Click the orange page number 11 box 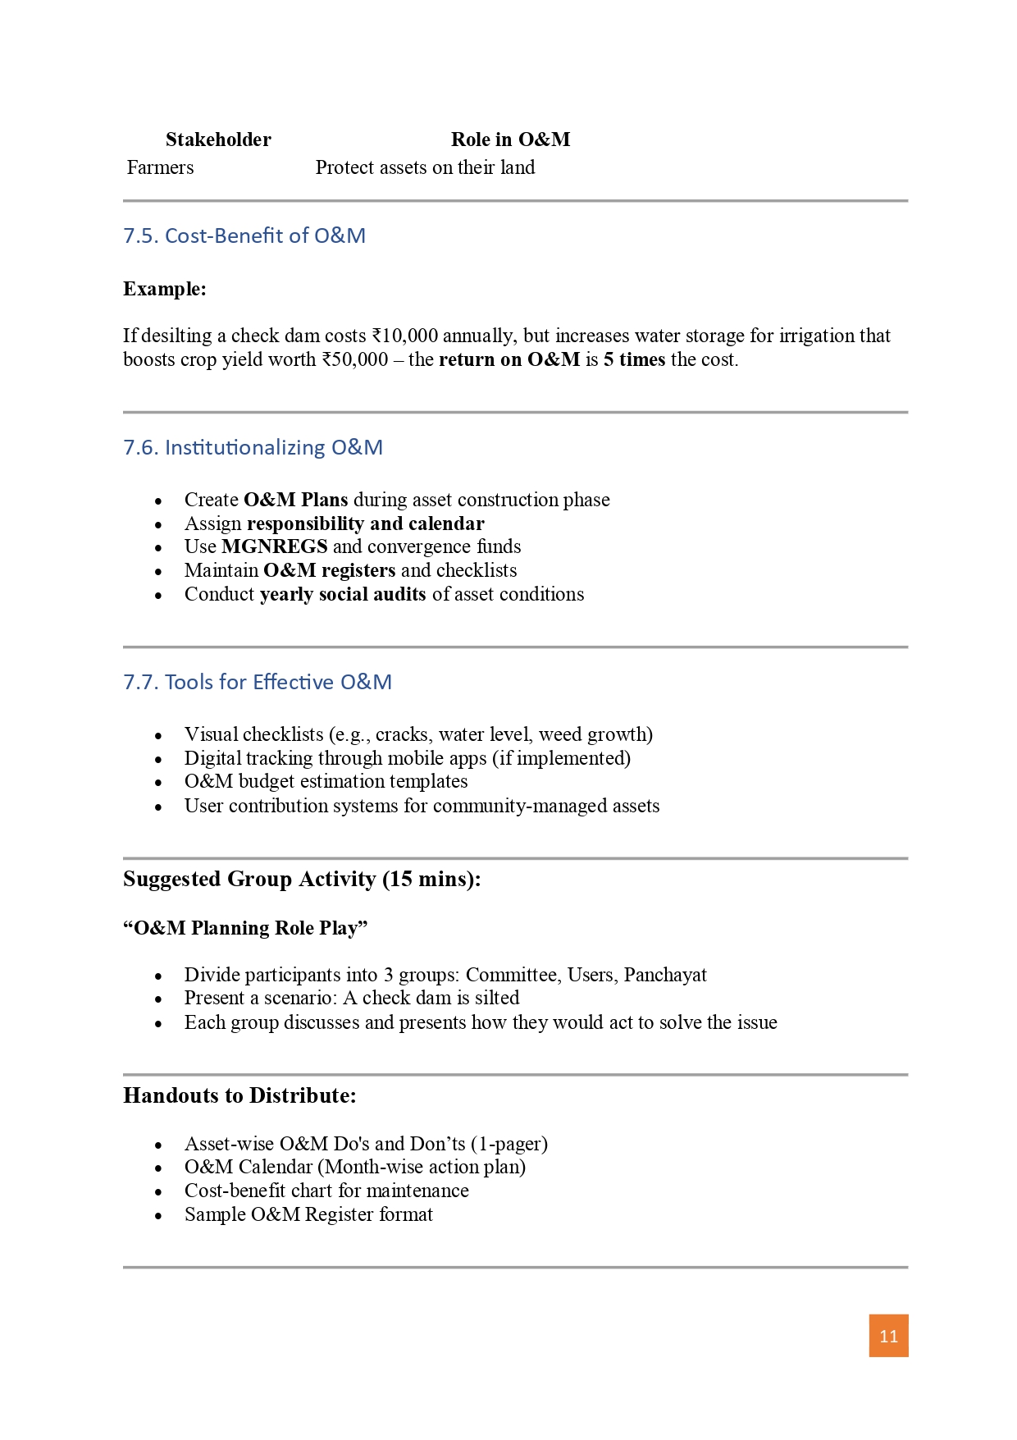point(888,1336)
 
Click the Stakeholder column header point(218,139)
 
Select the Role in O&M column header point(510,139)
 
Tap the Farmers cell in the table point(161,167)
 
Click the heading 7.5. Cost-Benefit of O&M point(244,235)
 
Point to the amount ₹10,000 point(404,336)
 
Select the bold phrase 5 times point(634,359)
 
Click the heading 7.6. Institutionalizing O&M point(253,447)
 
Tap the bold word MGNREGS point(274,546)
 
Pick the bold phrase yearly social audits point(343,594)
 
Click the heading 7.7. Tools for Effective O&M point(258,682)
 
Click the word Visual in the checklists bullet point(211,734)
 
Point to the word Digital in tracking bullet point(212,758)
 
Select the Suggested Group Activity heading point(302,879)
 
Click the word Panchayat point(665,975)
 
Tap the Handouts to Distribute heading point(239,1095)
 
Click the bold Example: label point(165,289)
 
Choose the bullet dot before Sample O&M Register point(158,1215)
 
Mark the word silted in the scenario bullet point(496,998)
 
